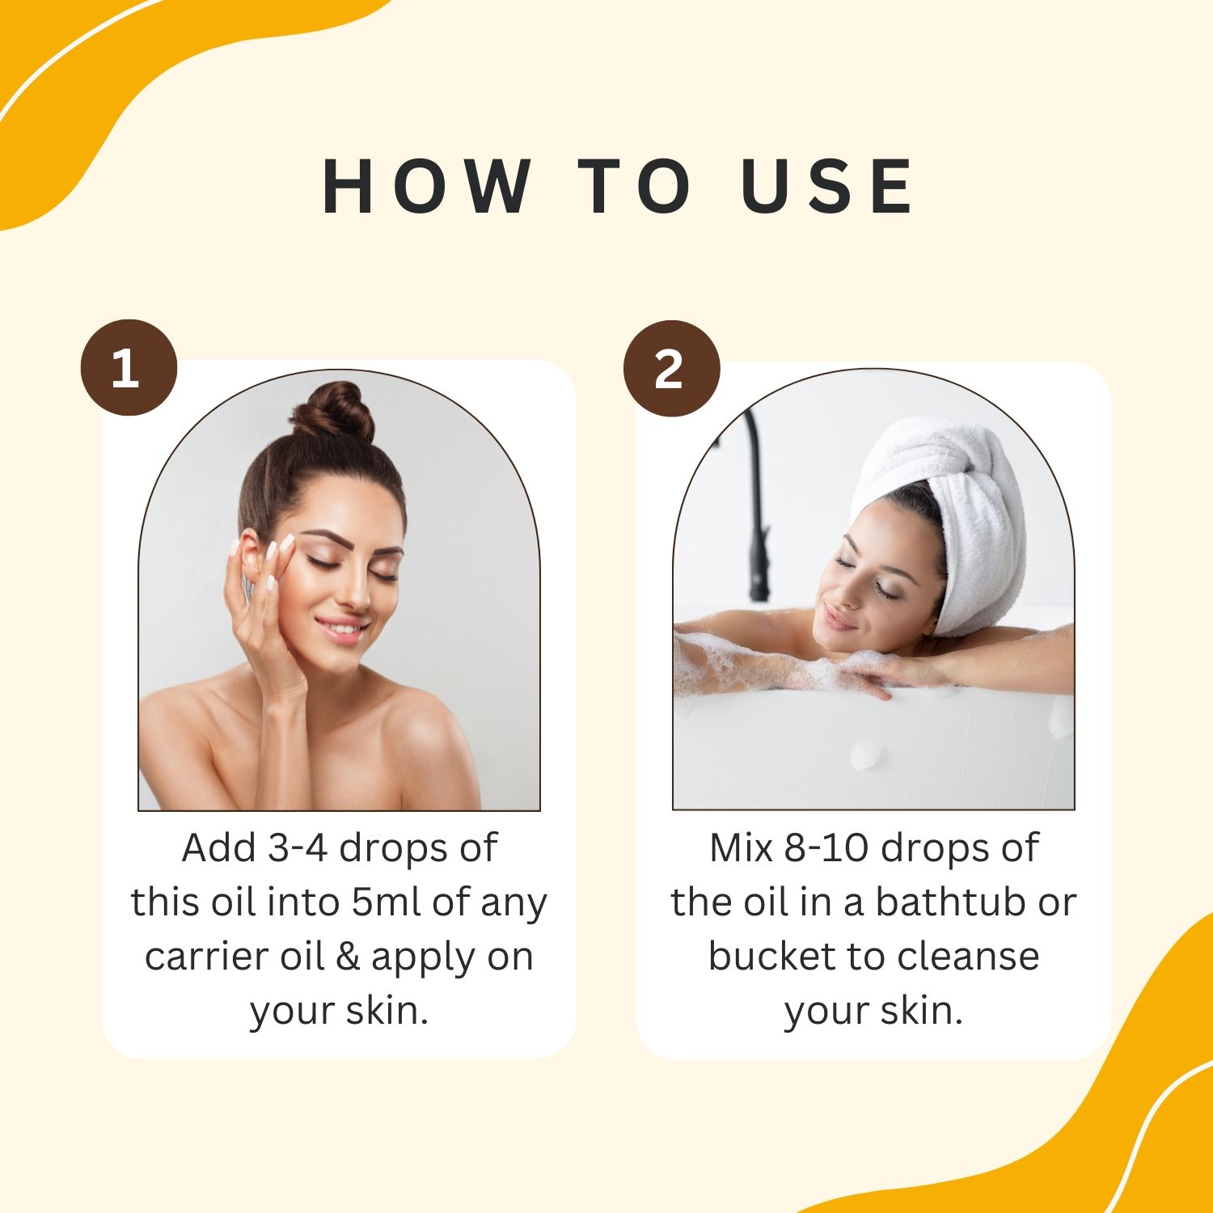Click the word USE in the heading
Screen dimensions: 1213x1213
(827, 187)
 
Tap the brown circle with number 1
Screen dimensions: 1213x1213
(128, 368)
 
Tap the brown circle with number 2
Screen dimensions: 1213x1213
(670, 369)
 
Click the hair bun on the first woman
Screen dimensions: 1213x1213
(332, 412)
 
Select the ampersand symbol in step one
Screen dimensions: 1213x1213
(347, 957)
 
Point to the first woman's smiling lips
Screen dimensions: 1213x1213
(343, 628)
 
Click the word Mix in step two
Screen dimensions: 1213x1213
(740, 848)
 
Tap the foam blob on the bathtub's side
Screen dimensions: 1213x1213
(867, 754)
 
